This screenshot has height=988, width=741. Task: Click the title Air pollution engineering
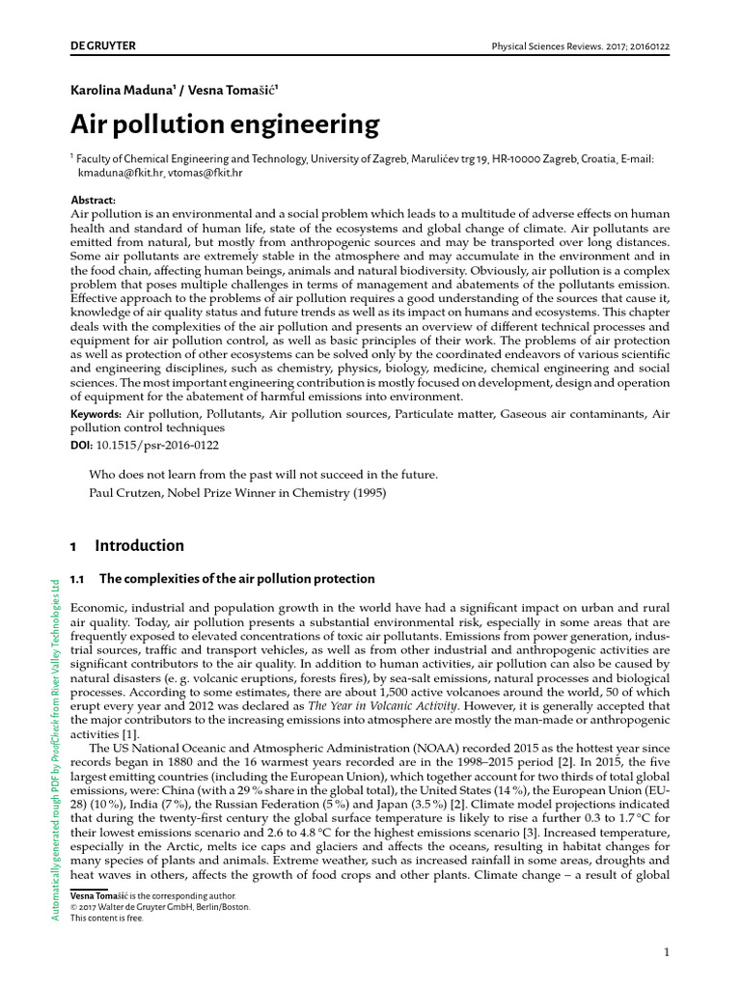[225, 125]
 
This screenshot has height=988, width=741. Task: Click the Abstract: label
[94, 200]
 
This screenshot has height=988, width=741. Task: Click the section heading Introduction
[139, 546]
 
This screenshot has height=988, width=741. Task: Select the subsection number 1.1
[79, 579]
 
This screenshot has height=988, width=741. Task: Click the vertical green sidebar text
[55, 748]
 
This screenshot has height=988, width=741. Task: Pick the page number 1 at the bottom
[666, 953]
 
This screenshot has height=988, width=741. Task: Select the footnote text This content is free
[108, 919]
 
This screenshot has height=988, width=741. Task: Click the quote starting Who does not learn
[262, 475]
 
